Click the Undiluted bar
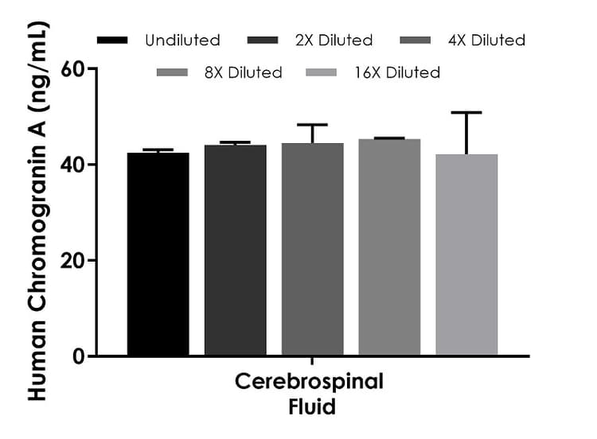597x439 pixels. [x=158, y=254]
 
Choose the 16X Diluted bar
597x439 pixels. [x=466, y=254]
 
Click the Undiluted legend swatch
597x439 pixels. [x=113, y=40]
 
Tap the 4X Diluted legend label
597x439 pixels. [x=486, y=40]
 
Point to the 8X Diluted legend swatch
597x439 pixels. [x=173, y=72]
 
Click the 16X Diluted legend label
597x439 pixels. [x=397, y=72]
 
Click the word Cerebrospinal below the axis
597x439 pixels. [x=309, y=383]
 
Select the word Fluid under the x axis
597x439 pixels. [x=311, y=407]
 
